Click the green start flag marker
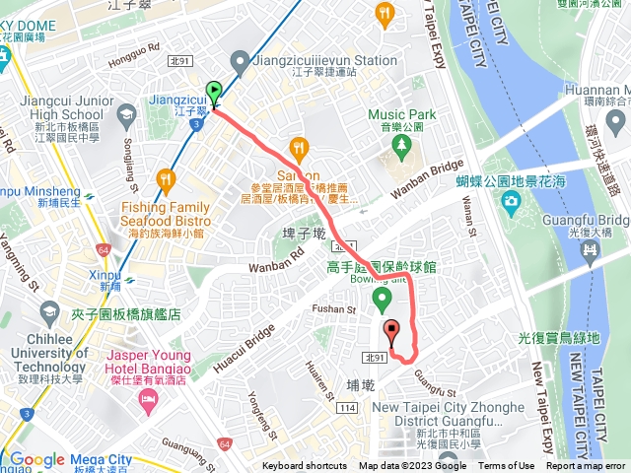(x=214, y=93)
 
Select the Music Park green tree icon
(x=400, y=146)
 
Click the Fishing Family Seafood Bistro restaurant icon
(x=165, y=181)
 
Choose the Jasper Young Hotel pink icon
(x=149, y=399)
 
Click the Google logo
(x=36, y=459)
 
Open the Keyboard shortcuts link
(x=304, y=466)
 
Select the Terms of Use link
(x=507, y=466)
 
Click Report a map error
(x=586, y=466)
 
